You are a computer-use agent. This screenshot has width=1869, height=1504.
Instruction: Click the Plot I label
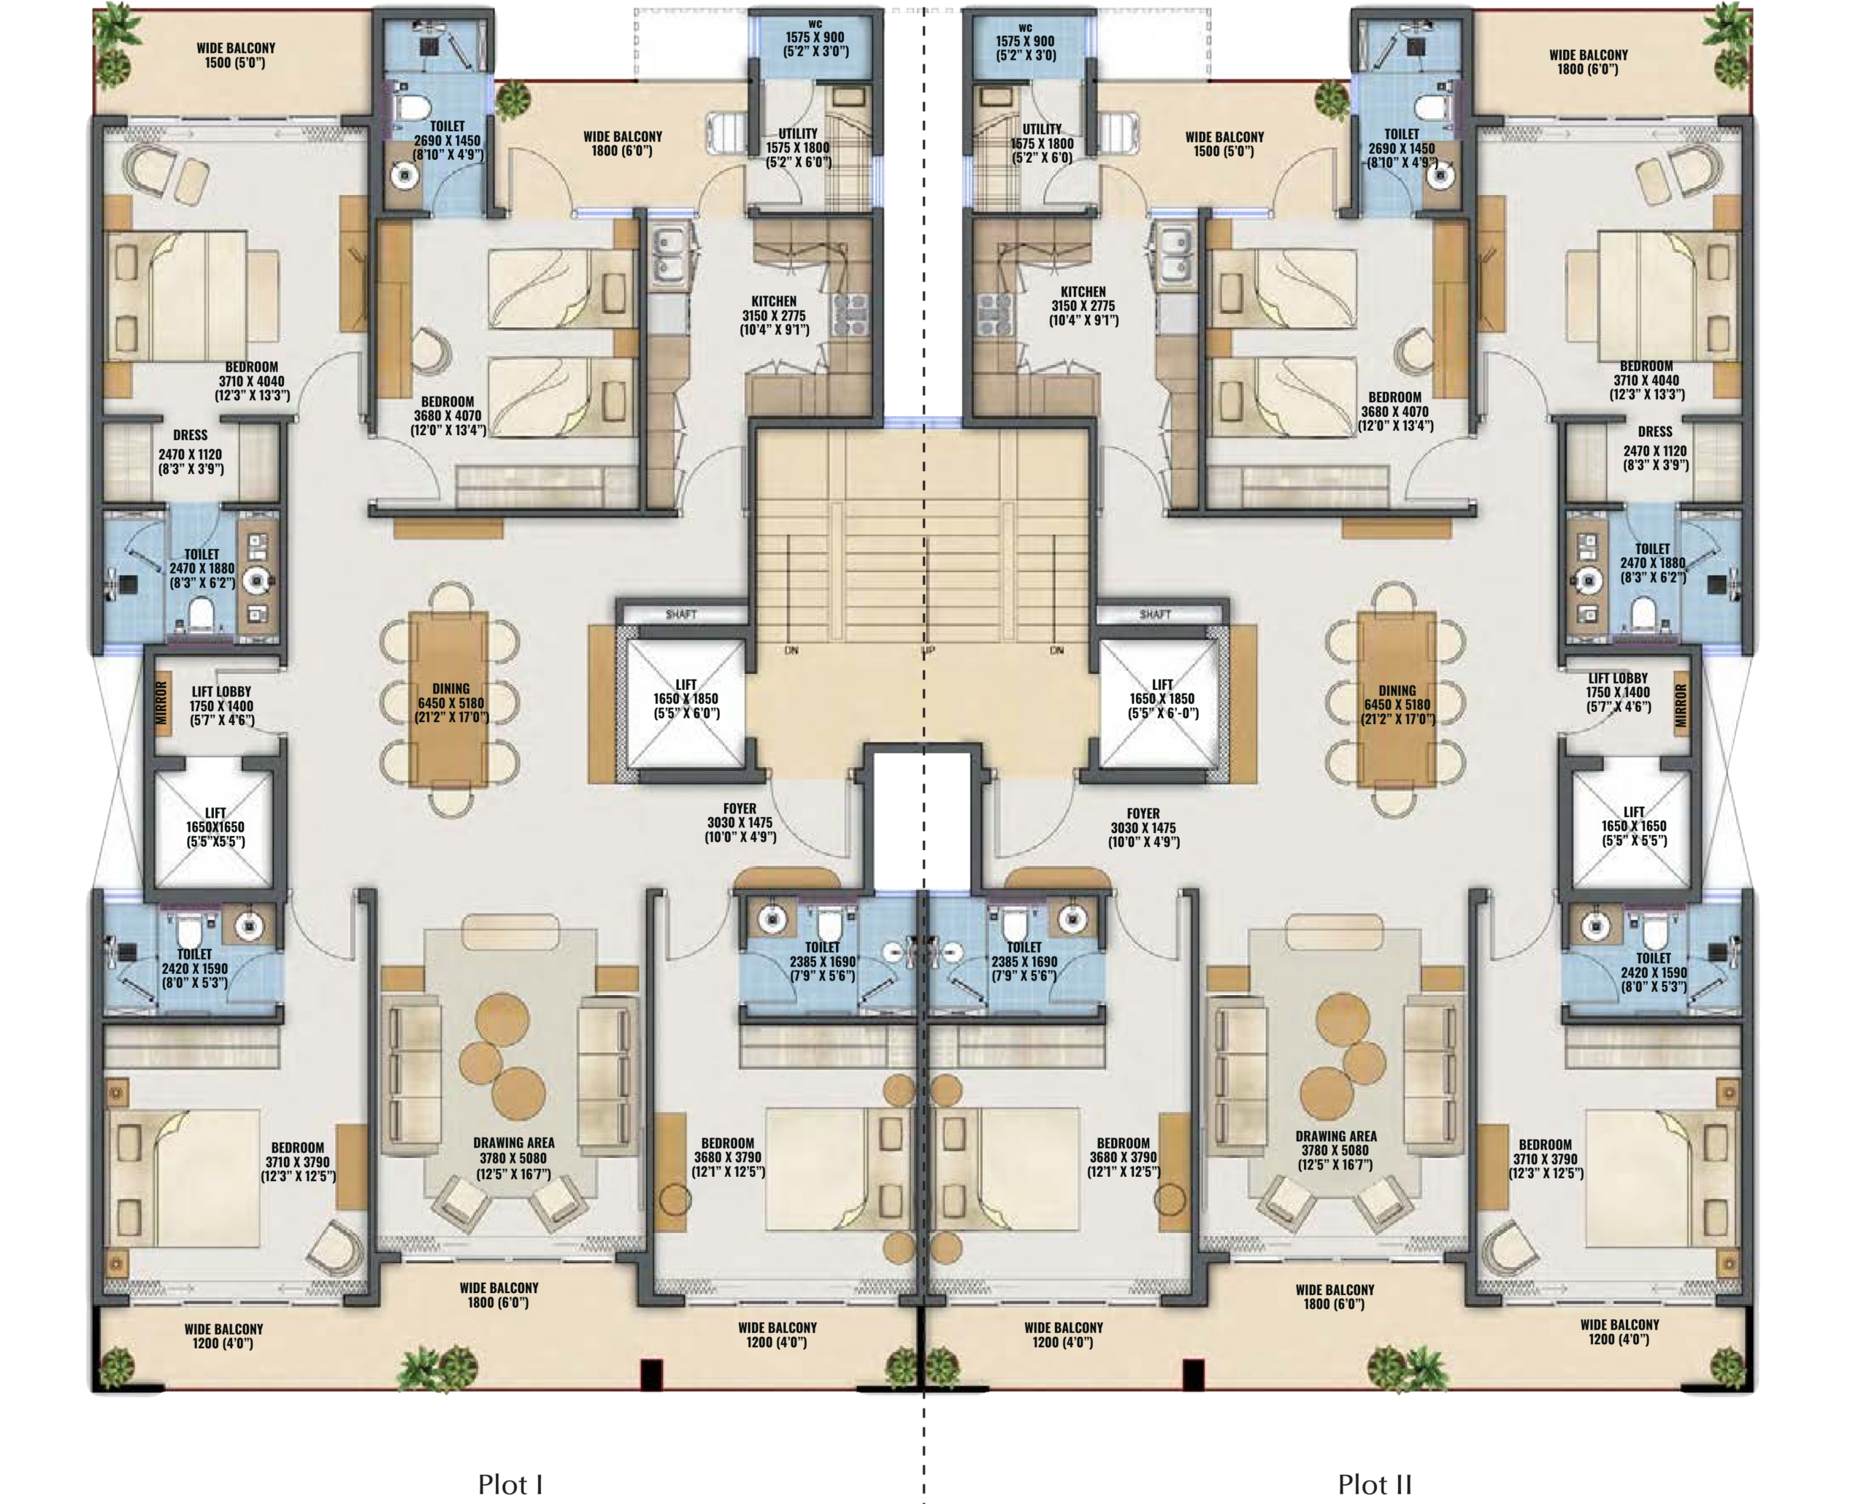click(x=510, y=1484)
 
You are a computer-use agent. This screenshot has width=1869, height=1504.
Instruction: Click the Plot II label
click(x=1375, y=1484)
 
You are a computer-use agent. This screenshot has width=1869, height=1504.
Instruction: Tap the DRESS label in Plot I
click(x=191, y=435)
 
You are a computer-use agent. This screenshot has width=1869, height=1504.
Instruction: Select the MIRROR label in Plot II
click(x=1681, y=705)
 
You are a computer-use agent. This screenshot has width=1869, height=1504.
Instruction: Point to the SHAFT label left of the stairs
click(x=681, y=615)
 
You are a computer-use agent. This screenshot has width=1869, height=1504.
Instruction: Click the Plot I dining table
click(x=450, y=699)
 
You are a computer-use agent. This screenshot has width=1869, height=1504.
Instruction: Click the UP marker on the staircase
click(x=928, y=650)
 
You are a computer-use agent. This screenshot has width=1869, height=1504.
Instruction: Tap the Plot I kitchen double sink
click(x=669, y=255)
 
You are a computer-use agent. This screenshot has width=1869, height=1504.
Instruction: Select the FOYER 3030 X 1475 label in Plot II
click(x=1143, y=828)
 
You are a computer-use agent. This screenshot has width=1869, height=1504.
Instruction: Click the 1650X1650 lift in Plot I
click(x=214, y=827)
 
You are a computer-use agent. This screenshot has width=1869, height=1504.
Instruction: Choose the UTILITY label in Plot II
click(x=1042, y=129)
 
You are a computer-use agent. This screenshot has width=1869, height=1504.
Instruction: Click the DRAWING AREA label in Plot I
click(x=514, y=1143)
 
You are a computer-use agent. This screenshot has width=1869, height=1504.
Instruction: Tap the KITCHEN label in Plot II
click(x=1083, y=292)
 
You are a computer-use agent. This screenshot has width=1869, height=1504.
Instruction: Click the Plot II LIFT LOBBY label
click(x=1618, y=678)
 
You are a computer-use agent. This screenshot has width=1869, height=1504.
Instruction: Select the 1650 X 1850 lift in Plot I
click(x=686, y=703)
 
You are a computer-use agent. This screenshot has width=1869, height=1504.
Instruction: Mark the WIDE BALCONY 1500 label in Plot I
click(x=236, y=55)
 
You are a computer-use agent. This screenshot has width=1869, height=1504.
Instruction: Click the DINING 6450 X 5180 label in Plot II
click(x=1397, y=705)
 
